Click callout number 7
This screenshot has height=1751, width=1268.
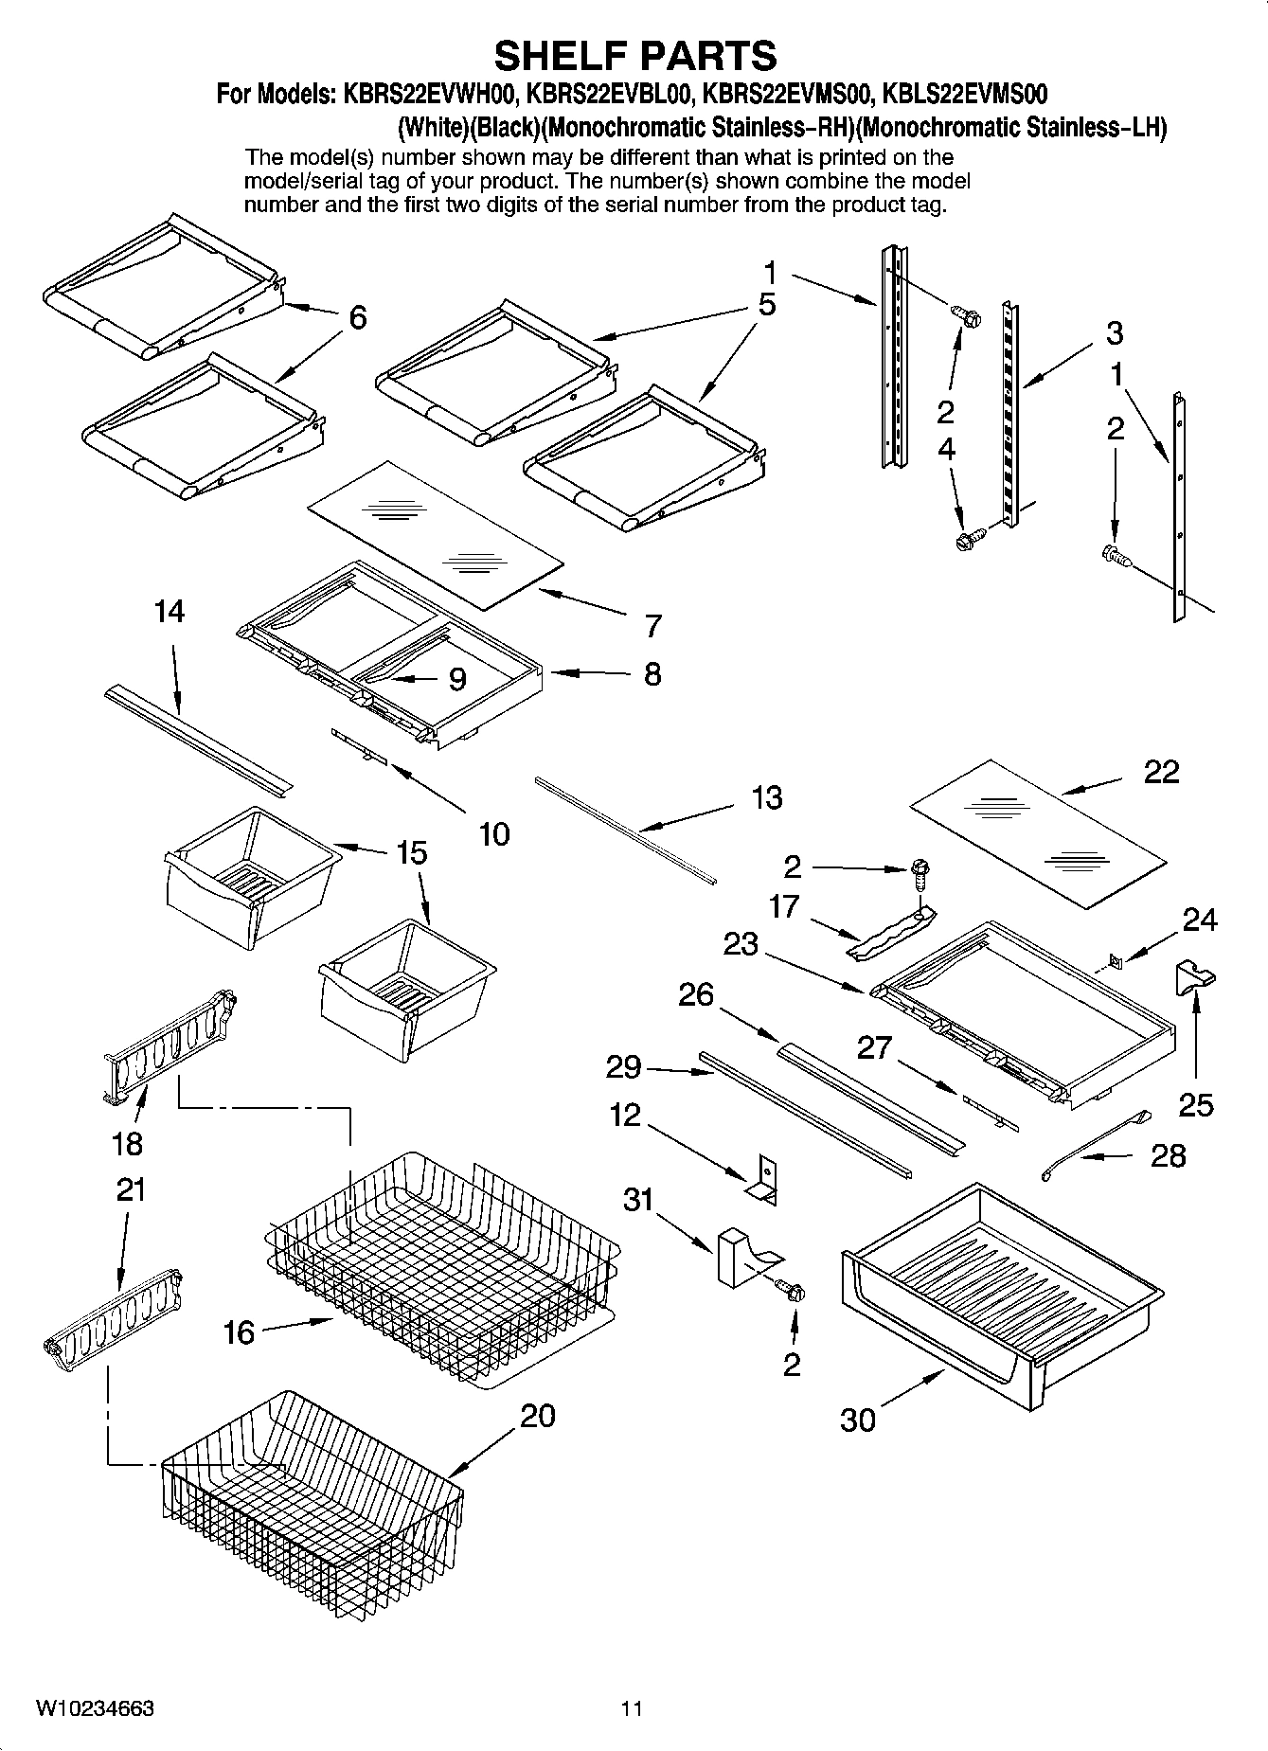(x=652, y=626)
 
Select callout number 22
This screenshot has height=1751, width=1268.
(x=1161, y=772)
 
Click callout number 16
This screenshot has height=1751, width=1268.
(x=239, y=1332)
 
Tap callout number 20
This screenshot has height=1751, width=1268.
(x=537, y=1417)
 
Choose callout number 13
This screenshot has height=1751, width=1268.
(x=766, y=797)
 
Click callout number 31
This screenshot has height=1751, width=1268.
(x=638, y=1200)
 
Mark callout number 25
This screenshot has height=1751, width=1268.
(x=1195, y=1104)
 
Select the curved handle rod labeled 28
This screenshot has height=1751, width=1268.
(x=1094, y=1145)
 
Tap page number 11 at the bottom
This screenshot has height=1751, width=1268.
(x=632, y=1708)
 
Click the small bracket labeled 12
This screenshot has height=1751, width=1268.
(x=763, y=1177)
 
